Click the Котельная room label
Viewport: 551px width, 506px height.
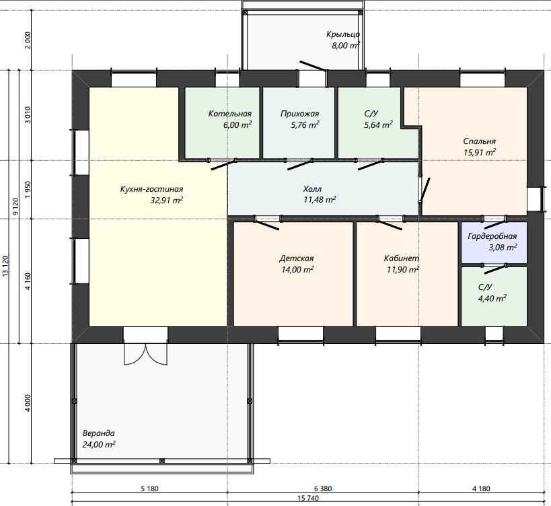pyautogui.click(x=230, y=114)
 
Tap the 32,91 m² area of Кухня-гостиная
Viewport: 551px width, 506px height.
pyautogui.click(x=167, y=201)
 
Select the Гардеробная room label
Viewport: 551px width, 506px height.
pyautogui.click(x=492, y=236)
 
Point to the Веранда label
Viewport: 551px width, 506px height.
pyautogui.click(x=98, y=433)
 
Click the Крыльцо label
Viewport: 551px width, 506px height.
pyautogui.click(x=343, y=34)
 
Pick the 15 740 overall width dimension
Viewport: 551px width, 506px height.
pyautogui.click(x=308, y=498)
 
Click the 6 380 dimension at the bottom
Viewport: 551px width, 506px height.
pyautogui.click(x=322, y=489)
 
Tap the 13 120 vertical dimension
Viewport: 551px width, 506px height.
pyautogui.click(x=5, y=266)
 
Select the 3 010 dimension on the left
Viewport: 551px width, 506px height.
pyautogui.click(x=28, y=115)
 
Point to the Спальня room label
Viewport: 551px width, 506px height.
pyautogui.click(x=479, y=141)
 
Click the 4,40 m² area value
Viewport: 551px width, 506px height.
pyautogui.click(x=492, y=298)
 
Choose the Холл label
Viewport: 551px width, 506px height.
pyautogui.click(x=312, y=189)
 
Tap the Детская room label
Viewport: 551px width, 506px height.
pyautogui.click(x=296, y=258)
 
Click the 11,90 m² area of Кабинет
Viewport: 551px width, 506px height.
pyautogui.click(x=403, y=270)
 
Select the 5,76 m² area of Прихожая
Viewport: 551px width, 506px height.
pyautogui.click(x=305, y=124)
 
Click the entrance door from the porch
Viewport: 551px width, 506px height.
pyautogui.click(x=314, y=66)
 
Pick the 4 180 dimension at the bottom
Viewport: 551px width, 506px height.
pyautogui.click(x=481, y=489)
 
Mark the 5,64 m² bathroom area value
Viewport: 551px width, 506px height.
pyautogui.click(x=378, y=124)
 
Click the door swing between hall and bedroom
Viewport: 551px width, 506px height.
pyautogui.click(x=425, y=190)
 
